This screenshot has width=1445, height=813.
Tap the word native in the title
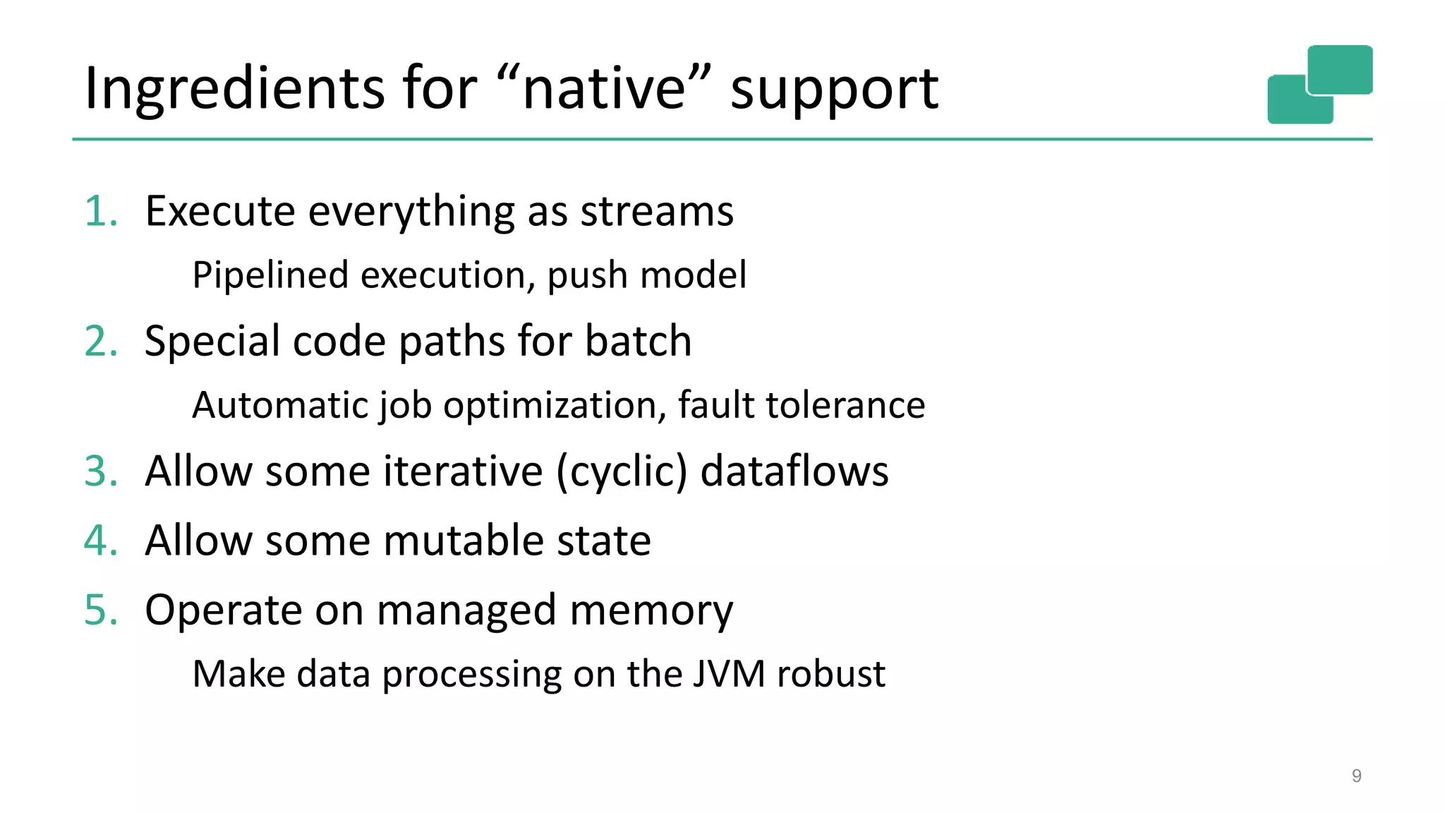(604, 89)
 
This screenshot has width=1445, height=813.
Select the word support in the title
(834, 90)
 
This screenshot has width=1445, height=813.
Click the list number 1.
(99, 211)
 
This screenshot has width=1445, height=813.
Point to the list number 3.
(99, 471)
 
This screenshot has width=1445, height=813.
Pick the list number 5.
(99, 610)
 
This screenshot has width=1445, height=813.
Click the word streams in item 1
(657, 211)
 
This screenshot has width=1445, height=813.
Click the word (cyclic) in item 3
(621, 471)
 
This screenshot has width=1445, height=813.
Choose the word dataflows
(794, 471)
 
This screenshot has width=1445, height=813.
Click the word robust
(830, 673)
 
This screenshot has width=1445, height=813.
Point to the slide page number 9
(1356, 776)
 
